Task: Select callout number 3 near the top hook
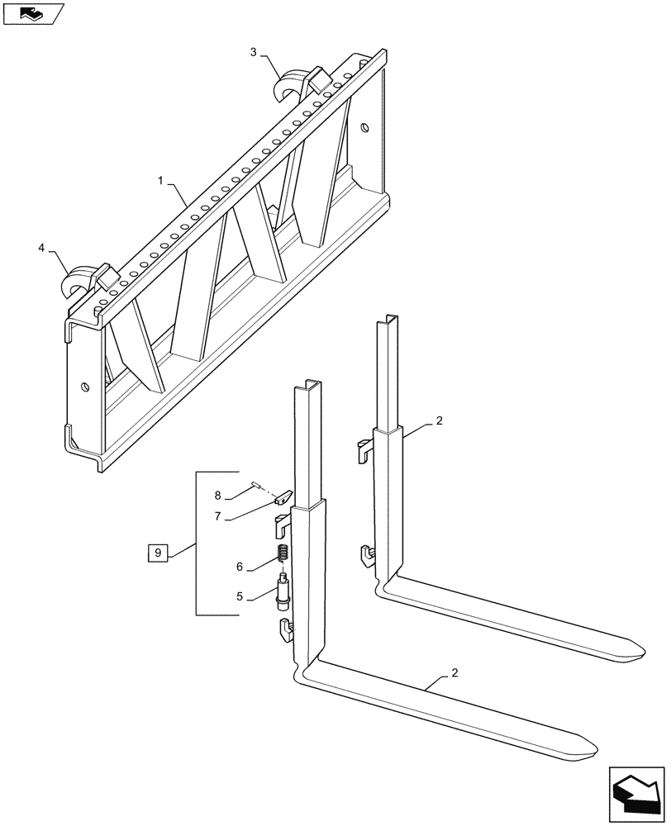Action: coord(254,52)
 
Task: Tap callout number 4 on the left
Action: coord(41,247)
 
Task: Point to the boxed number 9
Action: coord(159,553)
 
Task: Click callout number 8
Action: coord(218,496)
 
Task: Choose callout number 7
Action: coord(219,516)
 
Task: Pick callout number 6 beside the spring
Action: coord(240,567)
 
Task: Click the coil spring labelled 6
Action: coord(282,554)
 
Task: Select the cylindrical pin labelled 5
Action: coord(283,594)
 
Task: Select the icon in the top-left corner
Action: coord(32,13)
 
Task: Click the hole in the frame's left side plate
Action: coord(85,387)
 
